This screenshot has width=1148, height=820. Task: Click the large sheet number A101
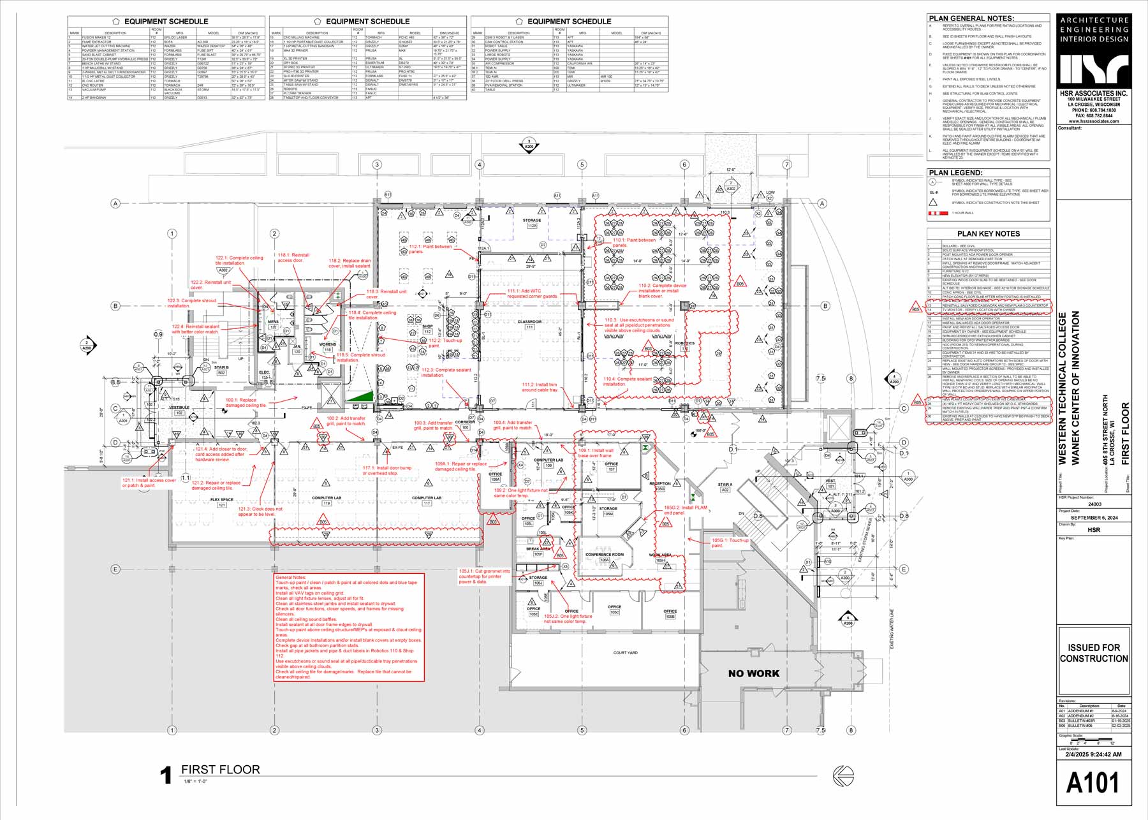(x=1093, y=783)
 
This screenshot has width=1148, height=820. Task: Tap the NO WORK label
(x=753, y=673)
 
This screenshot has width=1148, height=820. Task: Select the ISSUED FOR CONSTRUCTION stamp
(x=1094, y=653)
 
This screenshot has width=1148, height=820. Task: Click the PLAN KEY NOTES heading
(x=989, y=233)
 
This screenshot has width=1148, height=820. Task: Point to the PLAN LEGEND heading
(x=955, y=173)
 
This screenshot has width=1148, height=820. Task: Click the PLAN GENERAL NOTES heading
(x=971, y=18)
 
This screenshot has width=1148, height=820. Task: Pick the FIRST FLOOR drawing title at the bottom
(x=220, y=770)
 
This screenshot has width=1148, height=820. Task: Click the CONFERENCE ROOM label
(x=605, y=555)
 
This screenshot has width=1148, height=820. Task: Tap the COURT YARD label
(x=625, y=653)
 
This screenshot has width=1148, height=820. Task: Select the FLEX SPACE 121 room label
(x=222, y=502)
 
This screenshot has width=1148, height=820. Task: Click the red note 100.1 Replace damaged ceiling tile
(x=246, y=402)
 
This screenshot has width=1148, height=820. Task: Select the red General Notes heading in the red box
(x=291, y=577)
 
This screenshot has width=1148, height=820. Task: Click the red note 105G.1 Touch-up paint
(x=730, y=543)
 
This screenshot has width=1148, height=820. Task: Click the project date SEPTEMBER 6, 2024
(x=1094, y=518)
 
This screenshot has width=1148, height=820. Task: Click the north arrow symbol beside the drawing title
(x=843, y=775)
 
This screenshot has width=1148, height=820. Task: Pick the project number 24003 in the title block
(x=1094, y=504)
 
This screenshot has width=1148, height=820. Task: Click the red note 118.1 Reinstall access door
(x=293, y=258)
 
